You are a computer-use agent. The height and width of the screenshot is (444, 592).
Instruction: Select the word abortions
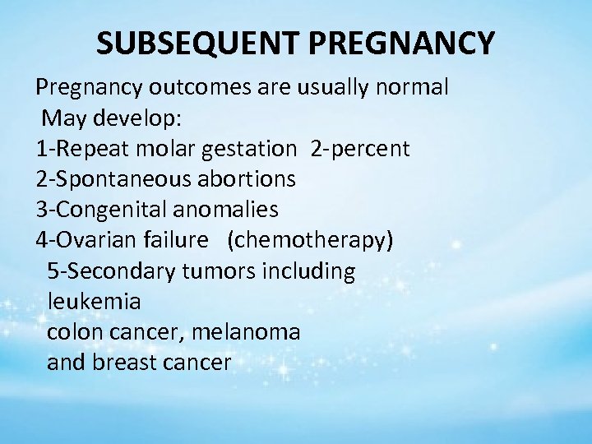[x=247, y=179]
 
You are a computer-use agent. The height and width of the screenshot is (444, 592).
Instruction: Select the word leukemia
[x=94, y=302]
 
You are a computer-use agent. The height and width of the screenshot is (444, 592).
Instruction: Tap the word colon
[x=73, y=332]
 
